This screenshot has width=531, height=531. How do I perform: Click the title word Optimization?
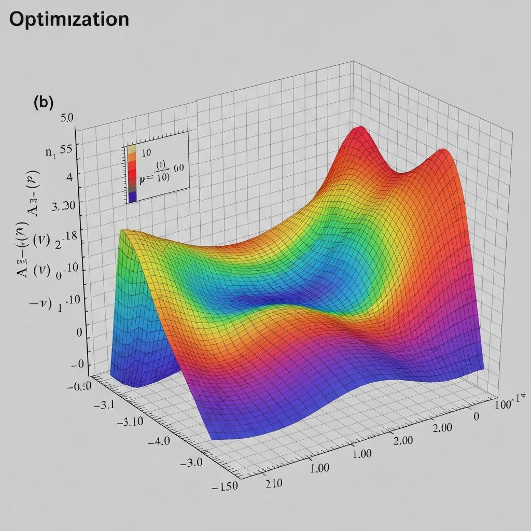pyautogui.click(x=69, y=19)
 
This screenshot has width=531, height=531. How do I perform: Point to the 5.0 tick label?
pyautogui.click(x=67, y=118)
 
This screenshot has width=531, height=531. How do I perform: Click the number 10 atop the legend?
pyautogui.click(x=145, y=153)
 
